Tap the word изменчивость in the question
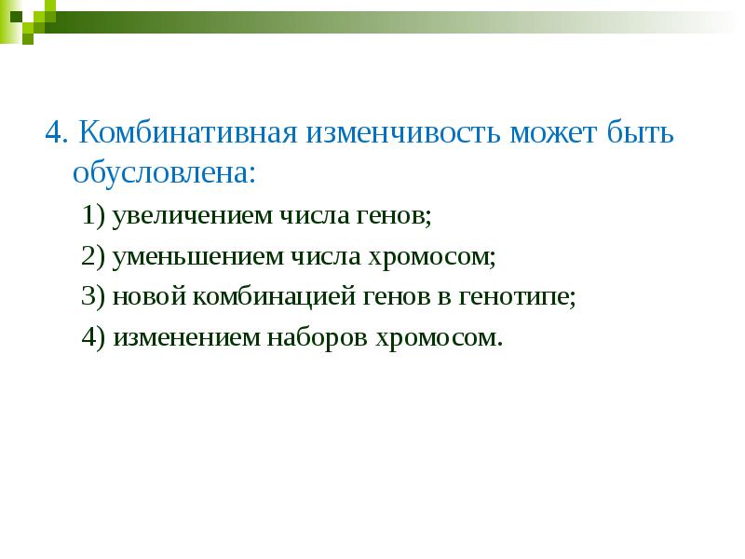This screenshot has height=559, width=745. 401,133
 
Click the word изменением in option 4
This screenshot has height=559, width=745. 185,337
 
